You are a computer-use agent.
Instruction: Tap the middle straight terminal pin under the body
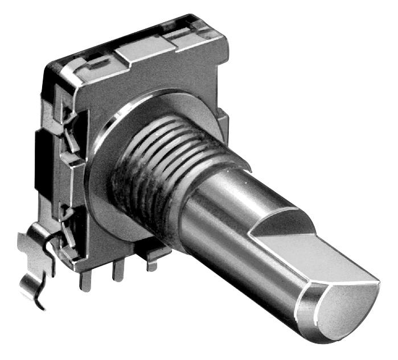118,271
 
